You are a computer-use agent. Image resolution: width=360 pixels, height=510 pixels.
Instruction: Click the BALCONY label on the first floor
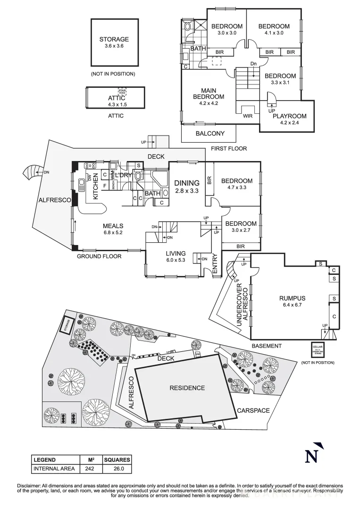tap(210, 134)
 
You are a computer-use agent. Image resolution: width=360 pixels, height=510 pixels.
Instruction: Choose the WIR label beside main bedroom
tap(248, 116)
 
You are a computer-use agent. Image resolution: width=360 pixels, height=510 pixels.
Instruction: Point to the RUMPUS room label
tap(292, 301)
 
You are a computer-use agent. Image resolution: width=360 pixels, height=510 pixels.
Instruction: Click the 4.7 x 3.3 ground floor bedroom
tap(236, 184)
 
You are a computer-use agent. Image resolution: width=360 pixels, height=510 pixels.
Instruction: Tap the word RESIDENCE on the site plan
tap(187, 388)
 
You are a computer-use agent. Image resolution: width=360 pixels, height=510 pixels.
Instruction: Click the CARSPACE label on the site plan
tap(253, 411)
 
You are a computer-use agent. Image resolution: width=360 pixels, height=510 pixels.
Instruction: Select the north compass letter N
tap(311, 456)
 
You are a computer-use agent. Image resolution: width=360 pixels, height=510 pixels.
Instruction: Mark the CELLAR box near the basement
tap(317, 349)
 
